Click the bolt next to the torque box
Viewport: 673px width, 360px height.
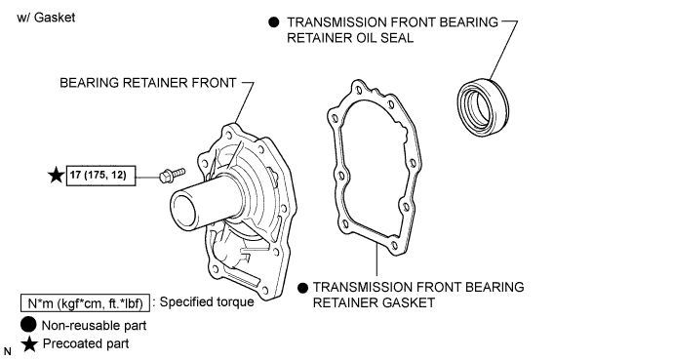(x=172, y=175)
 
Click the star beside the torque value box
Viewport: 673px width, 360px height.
(x=56, y=176)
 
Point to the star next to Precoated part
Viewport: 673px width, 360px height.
(x=29, y=344)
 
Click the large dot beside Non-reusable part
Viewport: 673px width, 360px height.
(x=28, y=325)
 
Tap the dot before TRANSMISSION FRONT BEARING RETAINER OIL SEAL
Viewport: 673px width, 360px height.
(x=273, y=22)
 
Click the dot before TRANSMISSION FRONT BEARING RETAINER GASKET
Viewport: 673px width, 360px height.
(x=302, y=288)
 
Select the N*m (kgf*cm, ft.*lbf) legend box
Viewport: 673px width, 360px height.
(x=86, y=303)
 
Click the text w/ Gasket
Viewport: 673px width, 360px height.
(x=46, y=18)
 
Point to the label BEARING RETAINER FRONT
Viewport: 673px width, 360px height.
(x=148, y=83)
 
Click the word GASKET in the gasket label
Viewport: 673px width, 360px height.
(x=403, y=303)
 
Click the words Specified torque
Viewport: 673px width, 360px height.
(x=207, y=302)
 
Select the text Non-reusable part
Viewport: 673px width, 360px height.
(x=94, y=326)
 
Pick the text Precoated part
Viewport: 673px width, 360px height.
(x=86, y=344)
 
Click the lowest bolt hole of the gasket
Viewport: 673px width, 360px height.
(x=394, y=246)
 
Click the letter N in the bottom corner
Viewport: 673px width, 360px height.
(x=7, y=352)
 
